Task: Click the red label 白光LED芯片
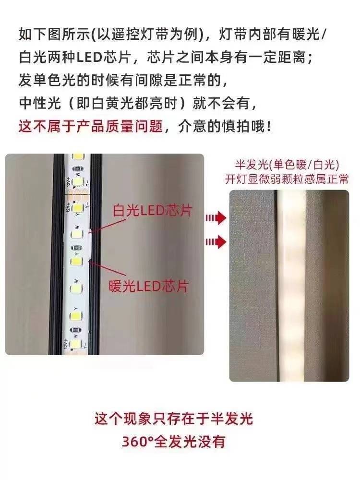click(152, 211)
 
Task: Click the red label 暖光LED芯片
click(148, 286)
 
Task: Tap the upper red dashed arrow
click(216, 218)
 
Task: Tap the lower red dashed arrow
click(216, 242)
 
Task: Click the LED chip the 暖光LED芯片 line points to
click(76, 262)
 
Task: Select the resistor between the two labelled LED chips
click(76, 248)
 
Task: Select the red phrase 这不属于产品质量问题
click(91, 126)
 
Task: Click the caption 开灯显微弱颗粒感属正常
click(287, 179)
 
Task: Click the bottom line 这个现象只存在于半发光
click(174, 419)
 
